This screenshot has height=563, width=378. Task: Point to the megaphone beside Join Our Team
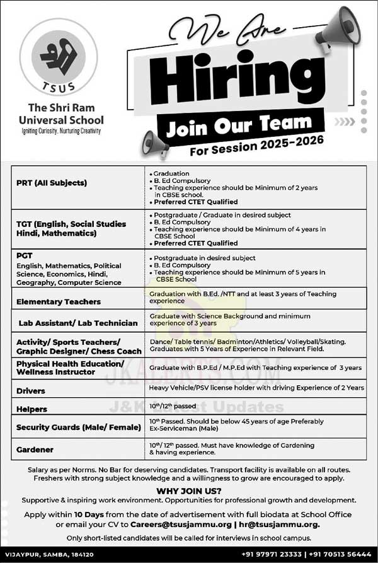(153, 141)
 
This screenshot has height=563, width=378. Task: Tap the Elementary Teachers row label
(59, 302)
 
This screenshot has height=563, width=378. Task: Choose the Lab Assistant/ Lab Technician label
(78, 323)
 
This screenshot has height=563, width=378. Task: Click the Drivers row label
(32, 391)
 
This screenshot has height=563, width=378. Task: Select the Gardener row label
(35, 450)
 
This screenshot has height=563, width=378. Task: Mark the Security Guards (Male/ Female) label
(79, 427)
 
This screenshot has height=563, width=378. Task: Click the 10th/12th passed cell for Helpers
(173, 405)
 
